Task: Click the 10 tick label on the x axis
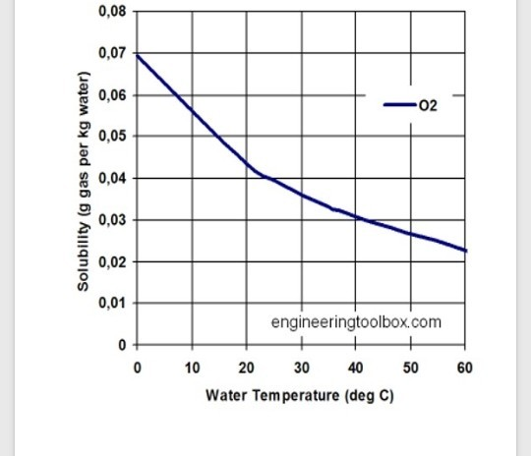pyautogui.click(x=192, y=368)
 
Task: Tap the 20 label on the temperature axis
pyautogui.click(x=246, y=368)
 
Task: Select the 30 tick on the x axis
pyautogui.click(x=301, y=368)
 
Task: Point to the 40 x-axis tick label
pyautogui.click(x=356, y=368)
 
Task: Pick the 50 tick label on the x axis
pyautogui.click(x=411, y=368)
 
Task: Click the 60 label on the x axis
pyautogui.click(x=465, y=368)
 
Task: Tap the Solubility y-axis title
pyautogui.click(x=85, y=182)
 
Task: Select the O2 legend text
pyautogui.click(x=428, y=104)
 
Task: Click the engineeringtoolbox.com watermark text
pyautogui.click(x=356, y=322)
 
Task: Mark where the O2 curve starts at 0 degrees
pyautogui.click(x=137, y=54)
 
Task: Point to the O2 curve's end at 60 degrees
pyautogui.click(x=466, y=251)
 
